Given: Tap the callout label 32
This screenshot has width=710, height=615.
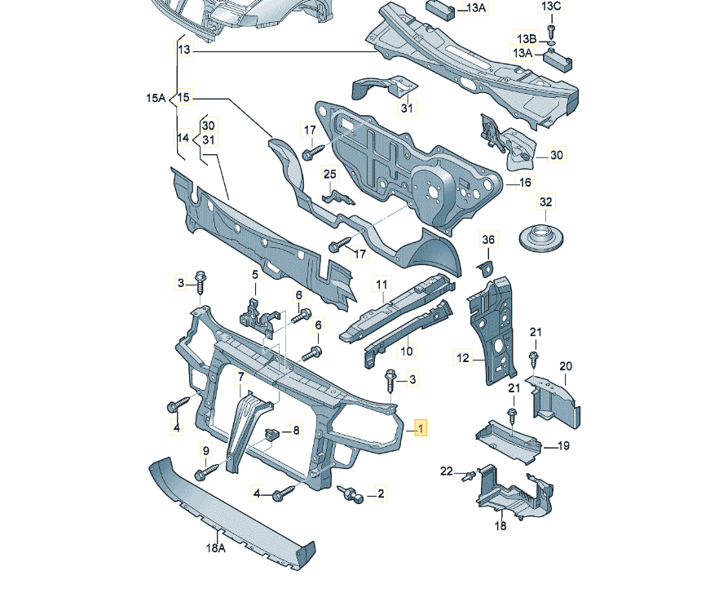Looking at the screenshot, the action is (x=546, y=201).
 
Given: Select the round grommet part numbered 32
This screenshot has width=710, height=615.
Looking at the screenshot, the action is (x=541, y=238).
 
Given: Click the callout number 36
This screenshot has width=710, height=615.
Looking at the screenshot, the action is (x=488, y=239).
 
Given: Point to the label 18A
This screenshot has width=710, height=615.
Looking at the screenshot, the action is (x=215, y=548).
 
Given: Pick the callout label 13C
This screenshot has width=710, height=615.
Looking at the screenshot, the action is (x=550, y=7).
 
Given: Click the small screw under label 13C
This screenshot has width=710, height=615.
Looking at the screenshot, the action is (x=551, y=31).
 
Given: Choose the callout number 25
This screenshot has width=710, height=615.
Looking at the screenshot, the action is (x=330, y=174).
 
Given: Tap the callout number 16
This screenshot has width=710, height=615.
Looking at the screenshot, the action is (x=525, y=182).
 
